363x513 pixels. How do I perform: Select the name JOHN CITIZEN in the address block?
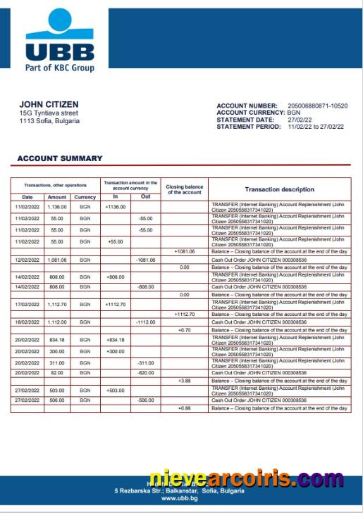pos(49,104)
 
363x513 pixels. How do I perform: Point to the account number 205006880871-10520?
pos(318,106)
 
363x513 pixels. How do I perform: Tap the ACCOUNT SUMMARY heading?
pos(60,158)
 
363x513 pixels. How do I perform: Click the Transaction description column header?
pos(279,189)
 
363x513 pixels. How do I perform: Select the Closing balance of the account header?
pos(184,189)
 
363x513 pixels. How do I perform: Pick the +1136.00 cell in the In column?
pos(115,207)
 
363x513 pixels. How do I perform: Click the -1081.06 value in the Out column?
pos(145,260)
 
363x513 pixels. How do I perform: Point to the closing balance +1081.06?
pos(184,252)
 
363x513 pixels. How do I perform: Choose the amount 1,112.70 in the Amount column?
pos(56,305)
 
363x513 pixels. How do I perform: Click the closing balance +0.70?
pos(184,329)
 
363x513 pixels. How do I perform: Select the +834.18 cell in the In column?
pos(115,339)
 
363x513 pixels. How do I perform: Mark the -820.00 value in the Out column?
pos(145,372)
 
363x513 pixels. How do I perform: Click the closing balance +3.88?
pos(184,381)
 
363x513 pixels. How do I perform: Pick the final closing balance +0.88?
pos(184,408)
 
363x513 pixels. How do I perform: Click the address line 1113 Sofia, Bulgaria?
pos(49,120)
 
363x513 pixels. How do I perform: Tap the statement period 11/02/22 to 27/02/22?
pos(315,127)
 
